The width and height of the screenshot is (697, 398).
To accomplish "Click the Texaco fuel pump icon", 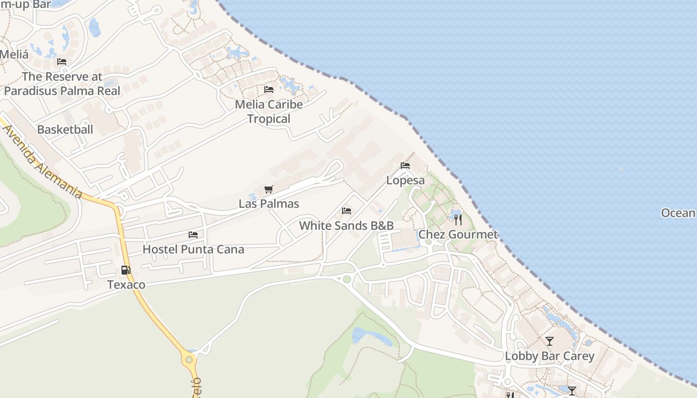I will coord(126,270).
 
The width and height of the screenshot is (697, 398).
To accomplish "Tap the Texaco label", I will coord(126,285).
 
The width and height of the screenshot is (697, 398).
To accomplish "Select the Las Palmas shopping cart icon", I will coord(269,189).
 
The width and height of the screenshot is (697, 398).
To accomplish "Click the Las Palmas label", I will coord(269,203).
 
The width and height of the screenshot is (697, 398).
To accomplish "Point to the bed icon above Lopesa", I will coord(405,166).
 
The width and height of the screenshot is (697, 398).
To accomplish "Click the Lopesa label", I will coord(406,180).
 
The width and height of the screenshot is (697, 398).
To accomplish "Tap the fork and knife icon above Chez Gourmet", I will coord(458,219).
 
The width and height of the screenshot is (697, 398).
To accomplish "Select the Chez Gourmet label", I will coord(458,234).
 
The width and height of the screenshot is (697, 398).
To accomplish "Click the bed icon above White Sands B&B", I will coord(347,211).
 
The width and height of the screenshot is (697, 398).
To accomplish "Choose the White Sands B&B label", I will coord(347,225).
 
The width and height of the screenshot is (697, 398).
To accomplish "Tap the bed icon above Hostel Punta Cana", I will coord(193,235).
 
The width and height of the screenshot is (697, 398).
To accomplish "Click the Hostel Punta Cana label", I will coord(193,249).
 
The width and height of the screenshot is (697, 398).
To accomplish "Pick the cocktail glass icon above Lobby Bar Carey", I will coord(550,341).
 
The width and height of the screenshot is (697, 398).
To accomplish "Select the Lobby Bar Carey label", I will coord(550,356).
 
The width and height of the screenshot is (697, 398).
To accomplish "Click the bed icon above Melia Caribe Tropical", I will coord(269,90).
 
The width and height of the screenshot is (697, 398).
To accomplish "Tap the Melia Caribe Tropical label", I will coord(269,111).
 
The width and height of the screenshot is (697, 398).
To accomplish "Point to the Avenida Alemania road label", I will coord(43,161).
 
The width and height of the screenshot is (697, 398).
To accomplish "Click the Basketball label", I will coord(65,129).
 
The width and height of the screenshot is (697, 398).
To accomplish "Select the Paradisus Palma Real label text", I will coord(62,91).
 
